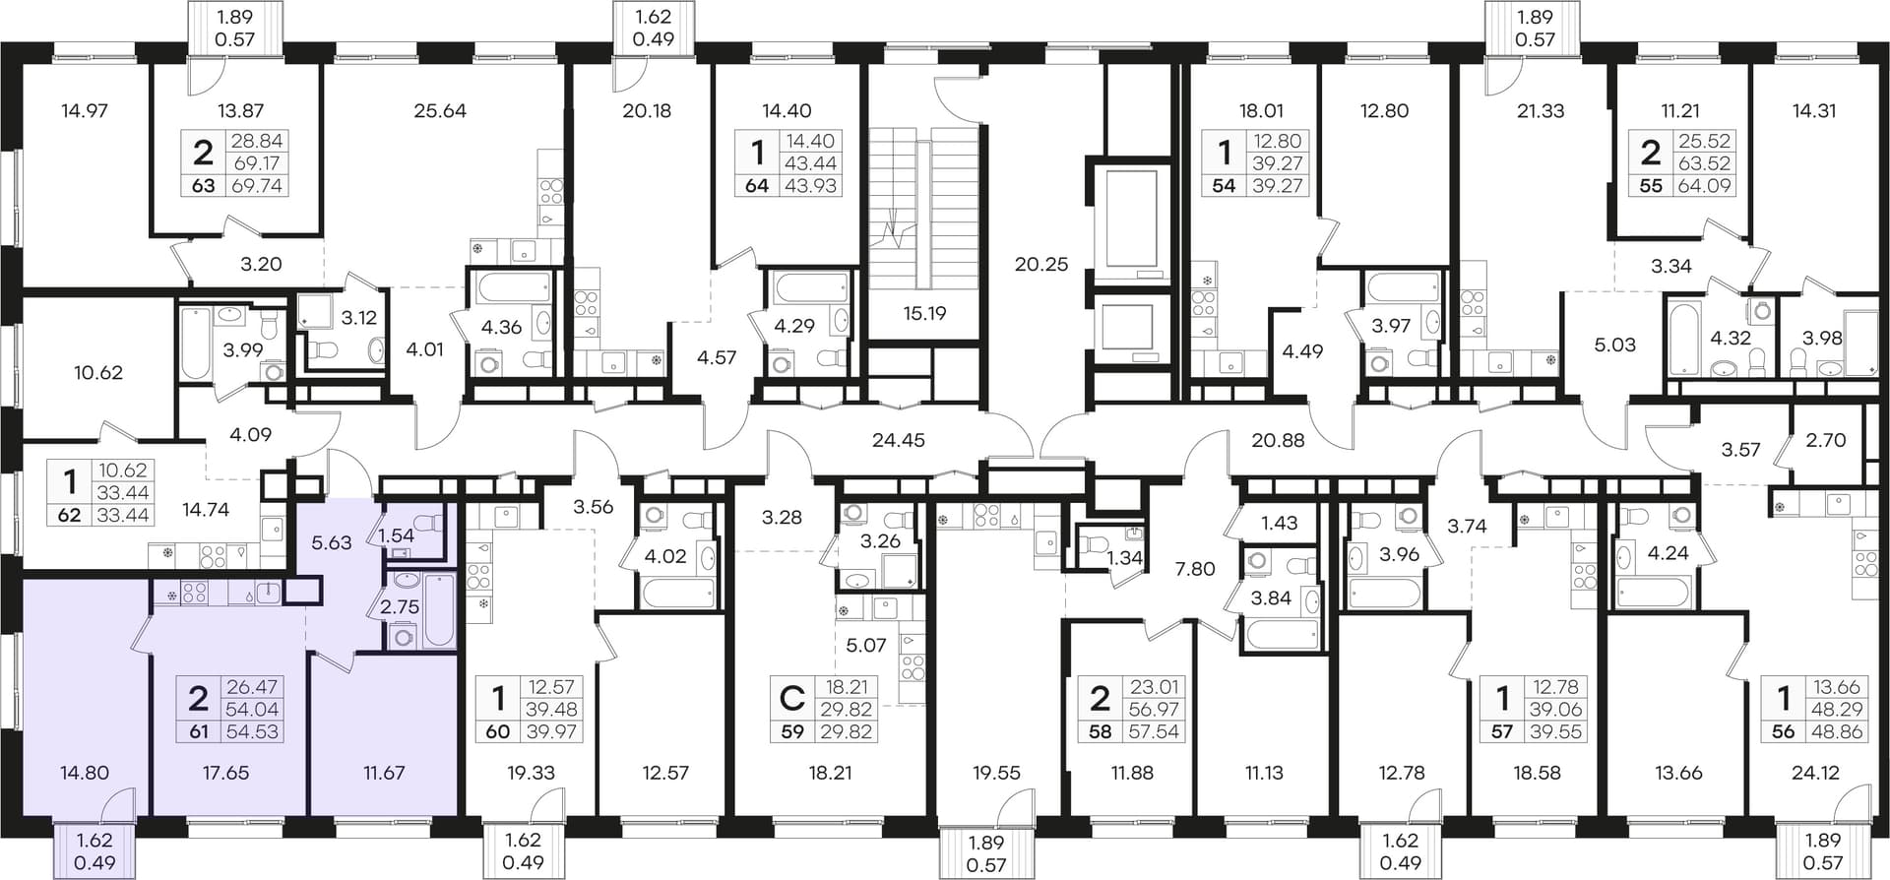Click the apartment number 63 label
[203, 185]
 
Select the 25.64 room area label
[440, 111]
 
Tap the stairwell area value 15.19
[924, 313]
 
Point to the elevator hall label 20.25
[1041, 264]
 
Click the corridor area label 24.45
[899, 440]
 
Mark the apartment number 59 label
[792, 731]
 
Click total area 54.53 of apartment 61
[252, 731]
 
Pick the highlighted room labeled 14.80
[85, 773]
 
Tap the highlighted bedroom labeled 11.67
[384, 773]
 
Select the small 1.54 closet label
[397, 535]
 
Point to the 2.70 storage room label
[1826, 440]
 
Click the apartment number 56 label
[1784, 731]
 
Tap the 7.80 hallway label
[1195, 568]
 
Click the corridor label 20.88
[1278, 440]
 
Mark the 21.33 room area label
[1541, 111]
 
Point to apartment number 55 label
[1651, 185]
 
